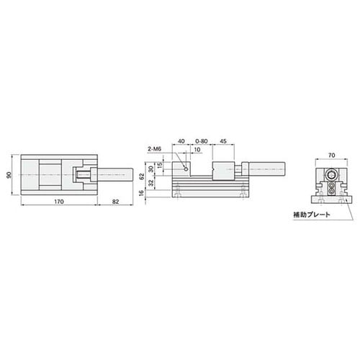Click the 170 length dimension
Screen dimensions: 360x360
coord(59,202)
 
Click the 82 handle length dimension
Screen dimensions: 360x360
coord(115,202)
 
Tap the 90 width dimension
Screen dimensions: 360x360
coord(9,175)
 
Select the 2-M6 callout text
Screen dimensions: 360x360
coord(154,149)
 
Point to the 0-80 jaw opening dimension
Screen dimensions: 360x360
coord(201,141)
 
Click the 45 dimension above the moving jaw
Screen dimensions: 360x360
coord(223,141)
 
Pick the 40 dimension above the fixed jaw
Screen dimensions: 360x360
coord(181,141)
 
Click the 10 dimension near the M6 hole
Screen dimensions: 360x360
coord(197,150)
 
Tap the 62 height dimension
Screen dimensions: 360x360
coord(142,176)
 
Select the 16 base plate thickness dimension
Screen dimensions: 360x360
coord(142,193)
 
